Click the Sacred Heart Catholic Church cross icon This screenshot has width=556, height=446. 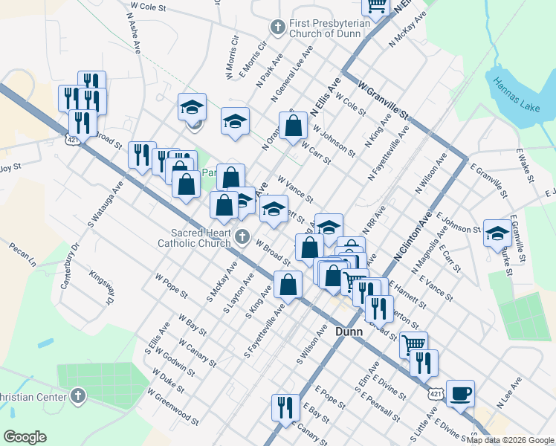pyautogui.click(x=242, y=238)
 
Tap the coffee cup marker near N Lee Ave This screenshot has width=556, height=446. pyautogui.click(x=460, y=393)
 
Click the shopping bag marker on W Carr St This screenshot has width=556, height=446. pyautogui.click(x=294, y=126)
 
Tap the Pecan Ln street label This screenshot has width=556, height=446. pyautogui.click(x=22, y=253)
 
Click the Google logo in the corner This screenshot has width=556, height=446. pyautogui.click(x=25, y=437)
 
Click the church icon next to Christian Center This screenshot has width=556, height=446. pyautogui.click(x=77, y=394)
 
